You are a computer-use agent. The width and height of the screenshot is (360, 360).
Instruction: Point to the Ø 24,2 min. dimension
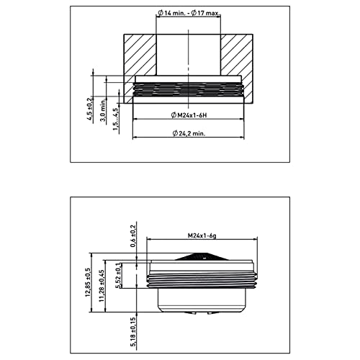coord(190,134)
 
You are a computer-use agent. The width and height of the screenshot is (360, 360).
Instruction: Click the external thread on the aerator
coord(202,277)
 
